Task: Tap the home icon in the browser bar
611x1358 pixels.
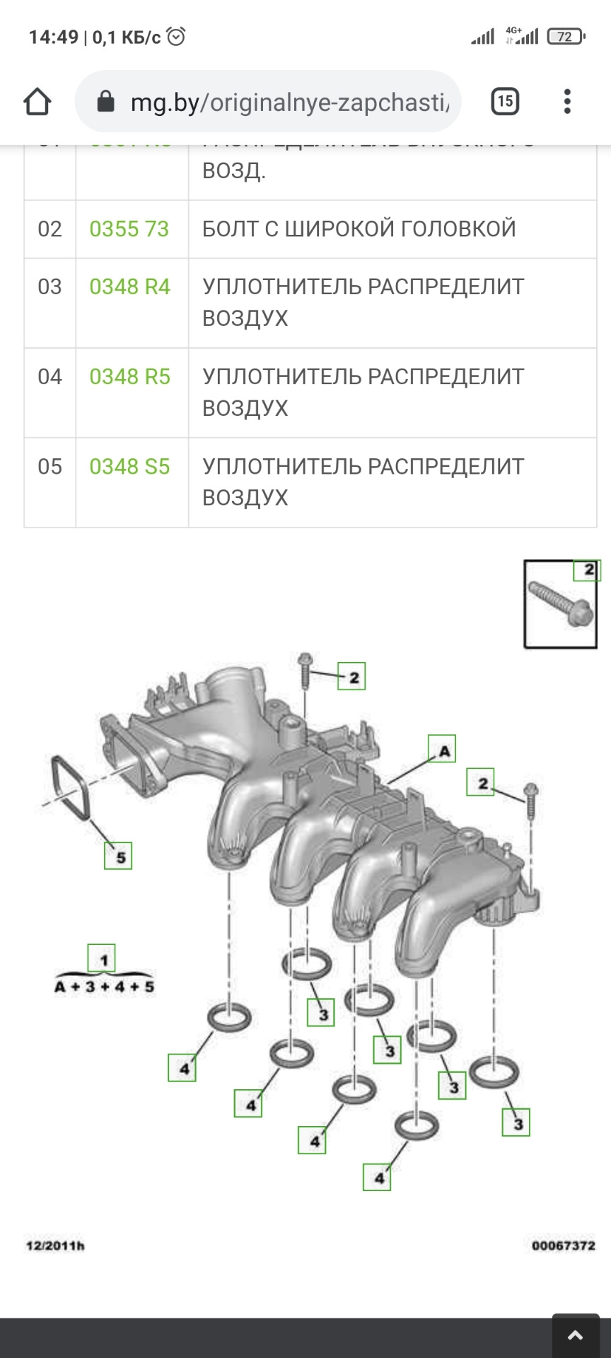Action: point(37,102)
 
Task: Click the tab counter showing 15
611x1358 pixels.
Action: point(505,101)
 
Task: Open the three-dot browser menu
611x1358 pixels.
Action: point(566,101)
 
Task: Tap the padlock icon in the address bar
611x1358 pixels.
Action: point(105,102)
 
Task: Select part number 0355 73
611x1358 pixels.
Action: point(129,229)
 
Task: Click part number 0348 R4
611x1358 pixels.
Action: point(130,287)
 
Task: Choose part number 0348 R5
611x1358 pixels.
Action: point(130,377)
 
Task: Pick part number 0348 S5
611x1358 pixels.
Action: point(130,467)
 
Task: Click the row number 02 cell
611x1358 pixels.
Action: point(50,229)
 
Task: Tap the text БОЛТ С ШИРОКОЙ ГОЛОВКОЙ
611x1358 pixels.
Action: point(359,229)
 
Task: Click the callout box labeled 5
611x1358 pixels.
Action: point(119,857)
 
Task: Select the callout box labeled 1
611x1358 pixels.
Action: point(102,959)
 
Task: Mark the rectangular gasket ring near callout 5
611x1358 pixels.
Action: point(70,788)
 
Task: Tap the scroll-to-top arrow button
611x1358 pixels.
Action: point(575,1335)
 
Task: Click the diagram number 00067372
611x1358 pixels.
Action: point(563,1246)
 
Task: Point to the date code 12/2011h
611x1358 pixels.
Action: point(55,1246)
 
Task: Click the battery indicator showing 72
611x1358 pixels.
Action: point(565,37)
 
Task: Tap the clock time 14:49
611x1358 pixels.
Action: point(53,37)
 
